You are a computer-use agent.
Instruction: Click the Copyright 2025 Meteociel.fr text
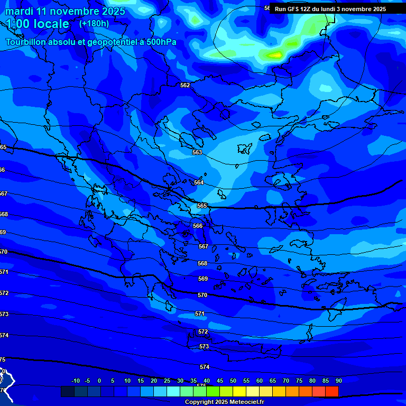(x=224, y=402)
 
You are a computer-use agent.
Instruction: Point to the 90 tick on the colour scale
(x=338, y=381)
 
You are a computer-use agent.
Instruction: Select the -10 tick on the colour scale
(x=75, y=381)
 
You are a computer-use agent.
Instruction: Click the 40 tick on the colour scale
(x=206, y=381)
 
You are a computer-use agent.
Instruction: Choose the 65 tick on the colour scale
(x=272, y=381)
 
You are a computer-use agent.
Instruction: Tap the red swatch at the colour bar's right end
(x=331, y=391)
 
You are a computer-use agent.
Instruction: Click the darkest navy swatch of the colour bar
(x=68, y=391)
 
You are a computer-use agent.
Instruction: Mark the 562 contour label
(x=185, y=85)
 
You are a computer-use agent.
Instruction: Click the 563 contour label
(x=197, y=152)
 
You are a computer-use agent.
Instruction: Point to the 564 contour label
(x=199, y=182)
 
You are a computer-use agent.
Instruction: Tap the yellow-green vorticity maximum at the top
(x=275, y=54)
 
